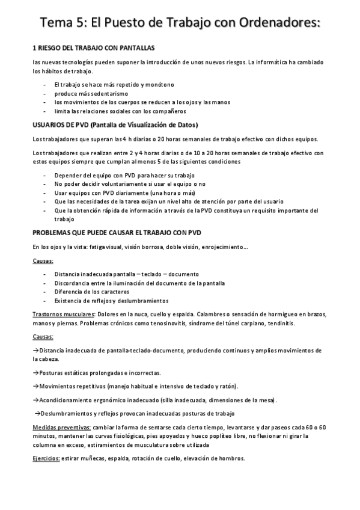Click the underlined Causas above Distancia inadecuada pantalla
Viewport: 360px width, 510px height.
[x=43, y=261]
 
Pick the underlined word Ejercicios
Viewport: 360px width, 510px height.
[x=46, y=458]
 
